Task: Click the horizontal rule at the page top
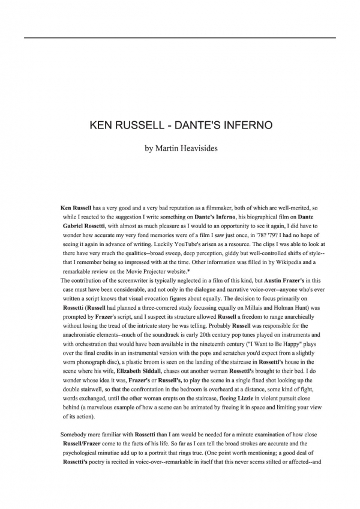tap(180, 38)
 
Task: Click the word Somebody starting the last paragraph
tap(76, 433)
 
